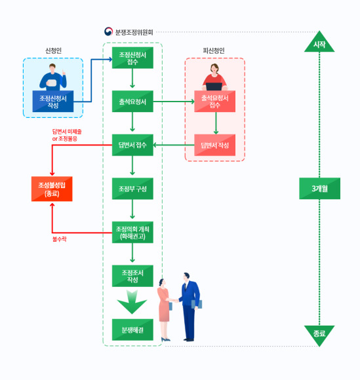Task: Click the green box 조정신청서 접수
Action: [132, 58]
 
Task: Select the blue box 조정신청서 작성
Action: [53, 102]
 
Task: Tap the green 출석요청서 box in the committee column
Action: [132, 102]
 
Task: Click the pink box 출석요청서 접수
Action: [214, 102]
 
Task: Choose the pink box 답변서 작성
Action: [214, 145]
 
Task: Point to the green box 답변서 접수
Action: [132, 145]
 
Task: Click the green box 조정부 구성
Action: [132, 189]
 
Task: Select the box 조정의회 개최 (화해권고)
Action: [132, 232]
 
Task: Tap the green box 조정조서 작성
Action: [132, 276]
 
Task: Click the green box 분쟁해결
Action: [132, 330]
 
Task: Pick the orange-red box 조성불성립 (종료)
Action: [52, 189]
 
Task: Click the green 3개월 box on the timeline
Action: [319, 188]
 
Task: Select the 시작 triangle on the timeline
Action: [319, 43]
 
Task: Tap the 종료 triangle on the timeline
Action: [319, 335]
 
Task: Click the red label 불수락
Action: [59, 239]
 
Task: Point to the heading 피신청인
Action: [214, 50]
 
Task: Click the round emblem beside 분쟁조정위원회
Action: [108, 31]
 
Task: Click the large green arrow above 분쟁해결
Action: [132, 302]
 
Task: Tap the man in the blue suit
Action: [190, 307]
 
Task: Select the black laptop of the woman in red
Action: [214, 86]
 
